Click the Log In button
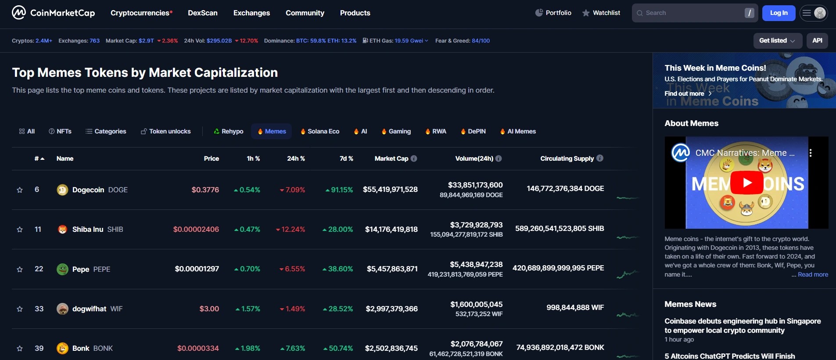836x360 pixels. pyautogui.click(x=779, y=13)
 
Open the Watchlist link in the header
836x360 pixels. pyautogui.click(x=601, y=13)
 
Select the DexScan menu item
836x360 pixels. pyautogui.click(x=202, y=13)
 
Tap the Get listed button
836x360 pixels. pyautogui.click(x=777, y=40)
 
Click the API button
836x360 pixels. pyautogui.click(x=817, y=40)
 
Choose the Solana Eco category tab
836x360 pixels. pyautogui.click(x=320, y=131)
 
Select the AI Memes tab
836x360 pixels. pyautogui.click(x=518, y=131)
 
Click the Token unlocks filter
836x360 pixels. pyautogui.click(x=166, y=131)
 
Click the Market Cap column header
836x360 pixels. pyautogui.click(x=391, y=158)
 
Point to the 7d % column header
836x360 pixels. pyautogui.click(x=346, y=158)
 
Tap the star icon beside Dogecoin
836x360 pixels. pyautogui.click(x=20, y=190)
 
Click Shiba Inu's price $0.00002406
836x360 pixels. pyautogui.click(x=196, y=229)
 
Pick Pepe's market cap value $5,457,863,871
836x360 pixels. pyautogui.click(x=392, y=269)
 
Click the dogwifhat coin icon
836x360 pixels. pyautogui.click(x=62, y=309)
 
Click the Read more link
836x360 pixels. pyautogui.click(x=813, y=274)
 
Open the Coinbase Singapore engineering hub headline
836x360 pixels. pyautogui.click(x=742, y=325)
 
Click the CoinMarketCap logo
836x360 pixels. pyautogui.click(x=53, y=13)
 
